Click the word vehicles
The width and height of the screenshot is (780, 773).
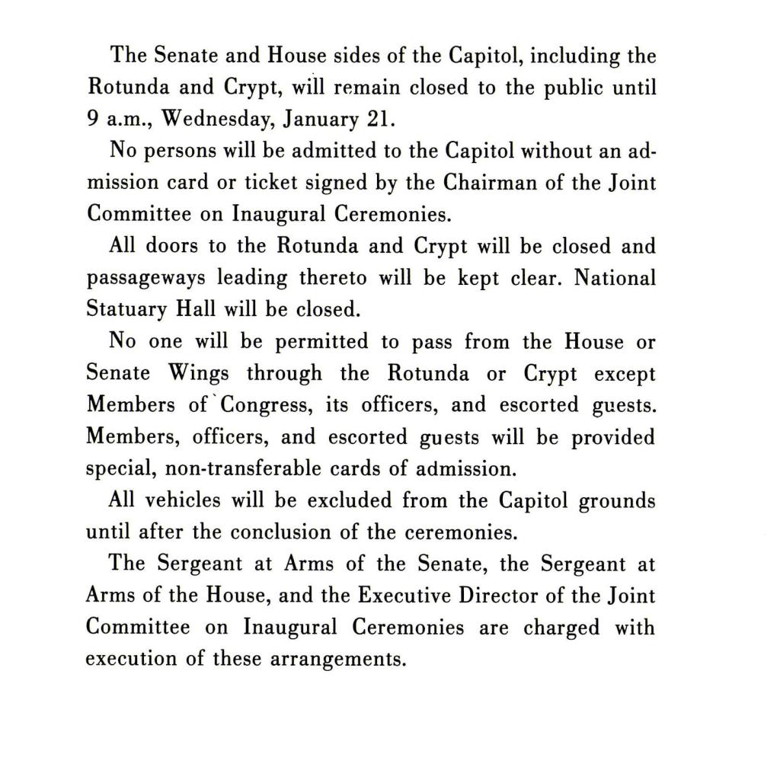[184, 500]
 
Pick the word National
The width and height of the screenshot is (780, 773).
[614, 278]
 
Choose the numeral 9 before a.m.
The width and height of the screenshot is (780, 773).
[93, 120]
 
